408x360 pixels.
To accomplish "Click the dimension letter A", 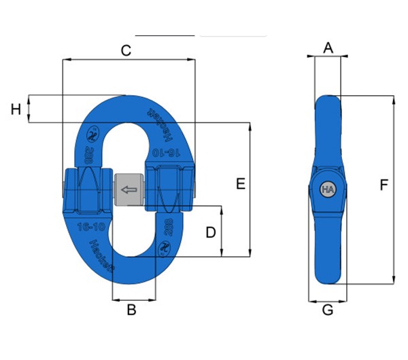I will pyautogui.click(x=328, y=48).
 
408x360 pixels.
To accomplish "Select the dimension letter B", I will pyautogui.click(x=132, y=310).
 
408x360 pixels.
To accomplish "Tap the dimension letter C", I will pyautogui.click(x=126, y=50).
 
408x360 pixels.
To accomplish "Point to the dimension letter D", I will pyautogui.click(x=211, y=232).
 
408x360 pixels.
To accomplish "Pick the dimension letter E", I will pyautogui.click(x=239, y=183).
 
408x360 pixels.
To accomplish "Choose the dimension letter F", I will pyautogui.click(x=384, y=185).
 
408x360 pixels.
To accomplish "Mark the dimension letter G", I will pyautogui.click(x=328, y=310).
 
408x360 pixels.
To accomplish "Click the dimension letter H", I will pyautogui.click(x=16, y=109).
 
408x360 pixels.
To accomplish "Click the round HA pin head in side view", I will pyautogui.click(x=328, y=190).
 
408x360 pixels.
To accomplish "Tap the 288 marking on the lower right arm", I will pyautogui.click(x=169, y=226).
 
